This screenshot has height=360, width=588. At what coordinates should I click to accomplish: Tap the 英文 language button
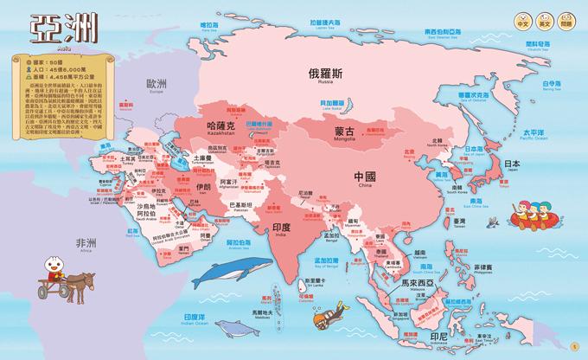[544, 20]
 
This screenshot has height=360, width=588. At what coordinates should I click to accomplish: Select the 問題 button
[567, 20]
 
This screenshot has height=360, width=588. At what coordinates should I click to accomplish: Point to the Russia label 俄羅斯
[328, 74]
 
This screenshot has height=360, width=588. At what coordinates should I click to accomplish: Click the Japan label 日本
[512, 163]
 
